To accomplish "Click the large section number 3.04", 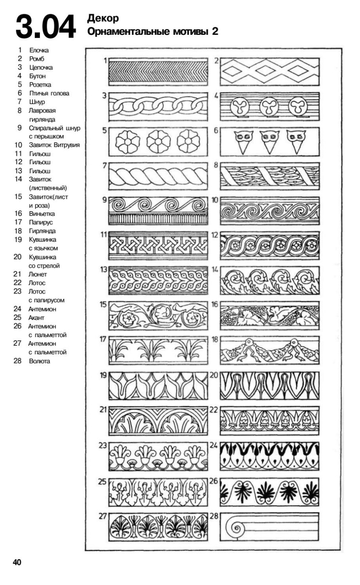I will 45,27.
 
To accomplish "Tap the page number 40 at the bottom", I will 17,562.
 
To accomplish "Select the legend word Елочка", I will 39,50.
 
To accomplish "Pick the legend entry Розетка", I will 40,85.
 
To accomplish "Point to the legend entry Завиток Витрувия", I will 54,145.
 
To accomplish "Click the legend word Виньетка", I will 42,214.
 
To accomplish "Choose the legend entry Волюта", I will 40,361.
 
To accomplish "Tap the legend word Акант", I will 36,318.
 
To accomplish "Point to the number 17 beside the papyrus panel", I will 103,339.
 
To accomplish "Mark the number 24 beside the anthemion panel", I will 214,445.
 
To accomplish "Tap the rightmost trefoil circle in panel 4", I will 297,106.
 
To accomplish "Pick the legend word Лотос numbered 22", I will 37,283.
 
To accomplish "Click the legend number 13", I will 18,171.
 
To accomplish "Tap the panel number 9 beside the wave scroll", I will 105,200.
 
